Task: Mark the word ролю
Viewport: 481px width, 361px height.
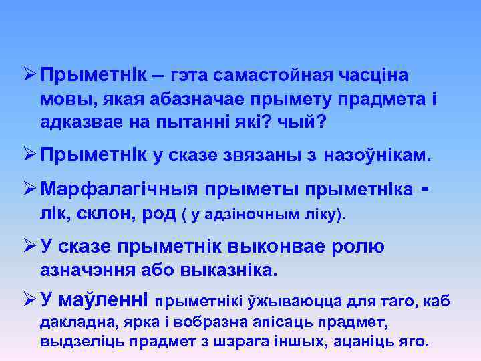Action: pos(359,247)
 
